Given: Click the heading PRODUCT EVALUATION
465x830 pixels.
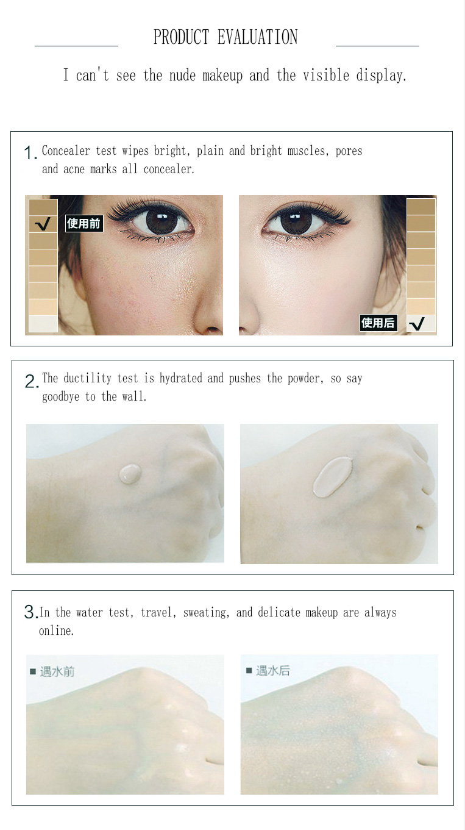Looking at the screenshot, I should [225, 37].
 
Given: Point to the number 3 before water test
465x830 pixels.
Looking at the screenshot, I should [30, 612].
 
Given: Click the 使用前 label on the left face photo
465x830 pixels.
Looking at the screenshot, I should [83, 224].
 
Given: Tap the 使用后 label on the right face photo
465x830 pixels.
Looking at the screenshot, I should [378, 323].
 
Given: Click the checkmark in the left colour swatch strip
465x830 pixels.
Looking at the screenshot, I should [43, 224].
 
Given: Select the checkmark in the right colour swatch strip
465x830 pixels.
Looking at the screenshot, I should [417, 323].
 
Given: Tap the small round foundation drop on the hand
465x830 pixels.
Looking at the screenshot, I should [130, 473].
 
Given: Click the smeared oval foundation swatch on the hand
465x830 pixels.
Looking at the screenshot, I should [333, 477].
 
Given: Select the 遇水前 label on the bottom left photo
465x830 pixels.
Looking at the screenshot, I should [57, 671].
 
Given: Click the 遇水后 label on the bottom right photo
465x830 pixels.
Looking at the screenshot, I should [272, 671].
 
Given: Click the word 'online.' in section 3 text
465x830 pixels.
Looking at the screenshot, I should [56, 631].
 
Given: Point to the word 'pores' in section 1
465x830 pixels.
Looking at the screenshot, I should [349, 151].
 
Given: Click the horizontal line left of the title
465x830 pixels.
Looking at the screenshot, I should [76, 46].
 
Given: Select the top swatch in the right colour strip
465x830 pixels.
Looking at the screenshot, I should [421, 207].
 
